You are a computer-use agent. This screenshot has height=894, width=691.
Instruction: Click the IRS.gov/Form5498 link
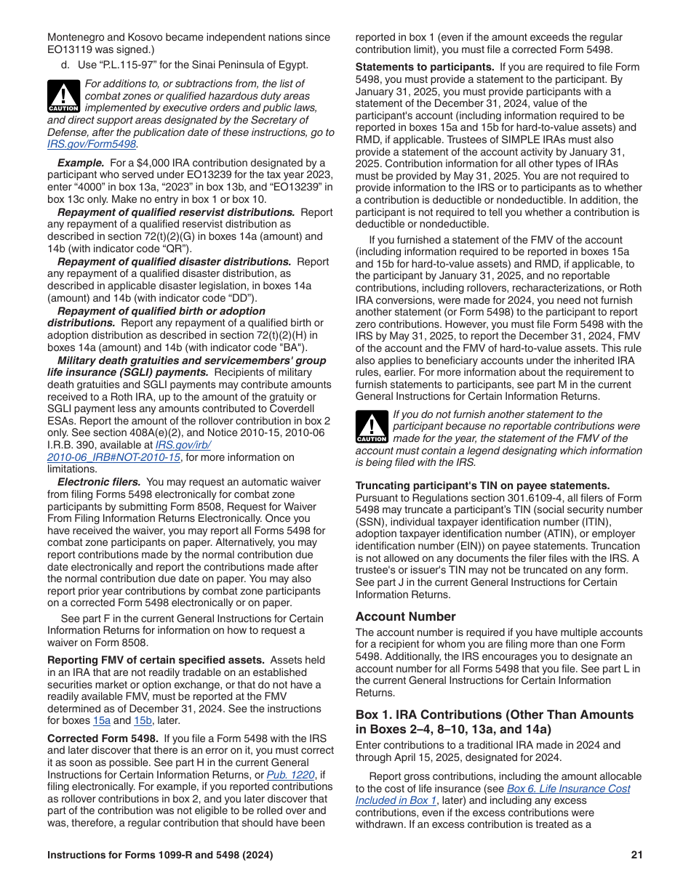pyautogui.click(x=92, y=144)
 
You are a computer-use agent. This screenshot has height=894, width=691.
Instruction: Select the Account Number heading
pyautogui.click(x=405, y=616)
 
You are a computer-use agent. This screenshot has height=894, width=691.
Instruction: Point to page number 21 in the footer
pyautogui.click(x=636, y=855)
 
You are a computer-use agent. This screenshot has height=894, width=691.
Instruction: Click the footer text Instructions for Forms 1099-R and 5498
pyautogui.click(x=160, y=855)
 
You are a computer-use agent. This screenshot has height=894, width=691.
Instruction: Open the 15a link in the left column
pyautogui.click(x=102, y=720)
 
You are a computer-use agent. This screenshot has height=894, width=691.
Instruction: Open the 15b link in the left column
pyautogui.click(x=143, y=720)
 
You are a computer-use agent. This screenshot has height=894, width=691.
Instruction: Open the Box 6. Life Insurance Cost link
pyautogui.click(x=568, y=789)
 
